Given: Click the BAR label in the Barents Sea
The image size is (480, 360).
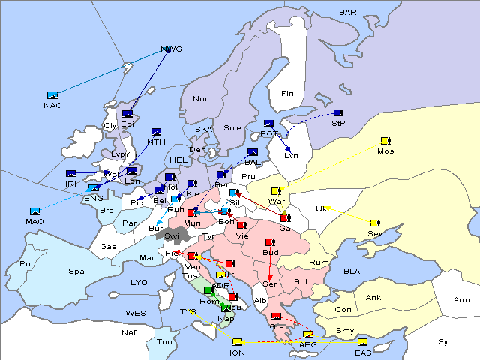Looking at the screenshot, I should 348,13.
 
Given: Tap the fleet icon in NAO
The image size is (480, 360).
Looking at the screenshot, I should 52,95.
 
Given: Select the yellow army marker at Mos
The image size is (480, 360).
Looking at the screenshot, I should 385,141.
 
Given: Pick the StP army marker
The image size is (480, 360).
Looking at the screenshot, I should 337,113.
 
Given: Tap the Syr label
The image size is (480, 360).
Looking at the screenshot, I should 445,341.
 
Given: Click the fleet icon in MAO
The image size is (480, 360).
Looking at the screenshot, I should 35,211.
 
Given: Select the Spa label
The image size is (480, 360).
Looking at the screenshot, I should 76,271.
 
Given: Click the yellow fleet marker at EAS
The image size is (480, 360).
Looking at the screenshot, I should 362,343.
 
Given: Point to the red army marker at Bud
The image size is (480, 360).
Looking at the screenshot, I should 270,242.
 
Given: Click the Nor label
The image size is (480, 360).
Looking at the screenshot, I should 200,98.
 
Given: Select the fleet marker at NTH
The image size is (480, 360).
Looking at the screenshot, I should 156,132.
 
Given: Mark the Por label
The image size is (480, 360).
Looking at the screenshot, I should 28,264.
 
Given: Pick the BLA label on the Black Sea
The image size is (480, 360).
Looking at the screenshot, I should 352,271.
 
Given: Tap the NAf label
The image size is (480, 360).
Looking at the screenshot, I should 130,331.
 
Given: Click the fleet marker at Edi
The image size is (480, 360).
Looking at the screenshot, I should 127,114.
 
